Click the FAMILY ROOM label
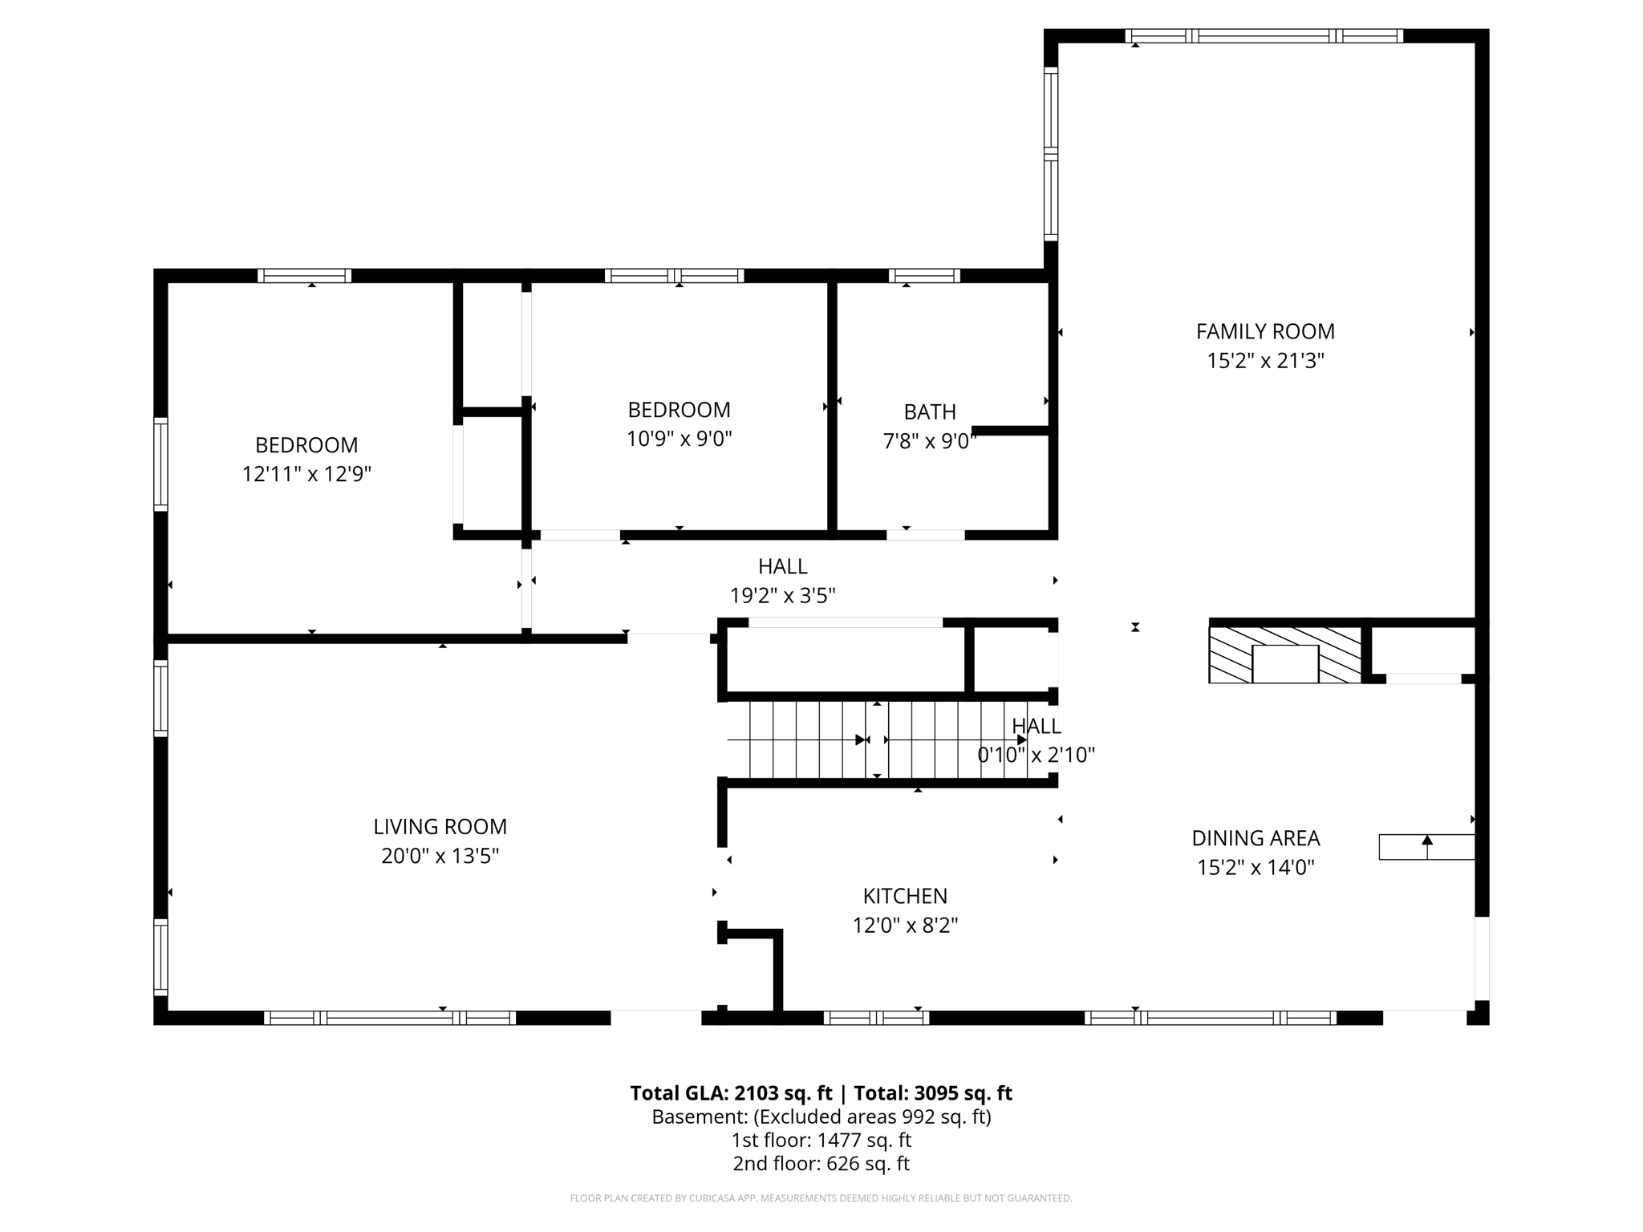tap(1265, 331)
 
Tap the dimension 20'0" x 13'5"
tap(440, 856)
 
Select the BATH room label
tap(930, 411)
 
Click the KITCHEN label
tap(905, 896)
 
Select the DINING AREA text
tap(1256, 838)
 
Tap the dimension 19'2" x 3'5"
tap(782, 596)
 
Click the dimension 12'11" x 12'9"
tap(306, 474)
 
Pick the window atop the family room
tap(1264, 35)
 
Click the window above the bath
tap(924, 275)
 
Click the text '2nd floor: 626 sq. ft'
tap(821, 1163)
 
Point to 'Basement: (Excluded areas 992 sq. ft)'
tap(821, 1116)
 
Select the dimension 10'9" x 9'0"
tap(679, 439)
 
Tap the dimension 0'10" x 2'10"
tap(1036, 755)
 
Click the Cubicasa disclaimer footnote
tap(821, 1198)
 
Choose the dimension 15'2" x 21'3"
tap(1265, 361)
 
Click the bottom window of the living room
tap(390, 1018)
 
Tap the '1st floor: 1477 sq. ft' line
tap(821, 1140)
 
